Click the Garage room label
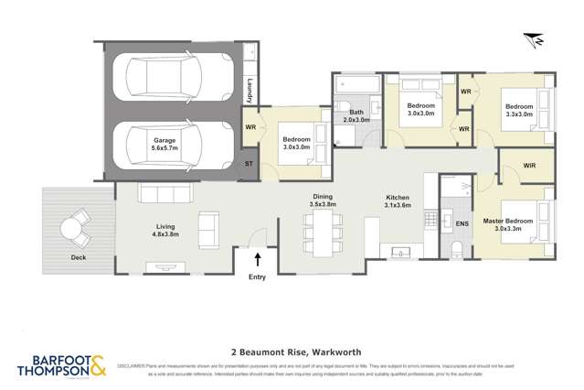point(165,145)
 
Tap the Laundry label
point(250,91)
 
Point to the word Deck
point(79,257)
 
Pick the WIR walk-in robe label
point(529,165)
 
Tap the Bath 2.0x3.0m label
point(356,115)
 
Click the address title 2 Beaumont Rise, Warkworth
point(292,351)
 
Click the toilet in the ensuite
point(457,250)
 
